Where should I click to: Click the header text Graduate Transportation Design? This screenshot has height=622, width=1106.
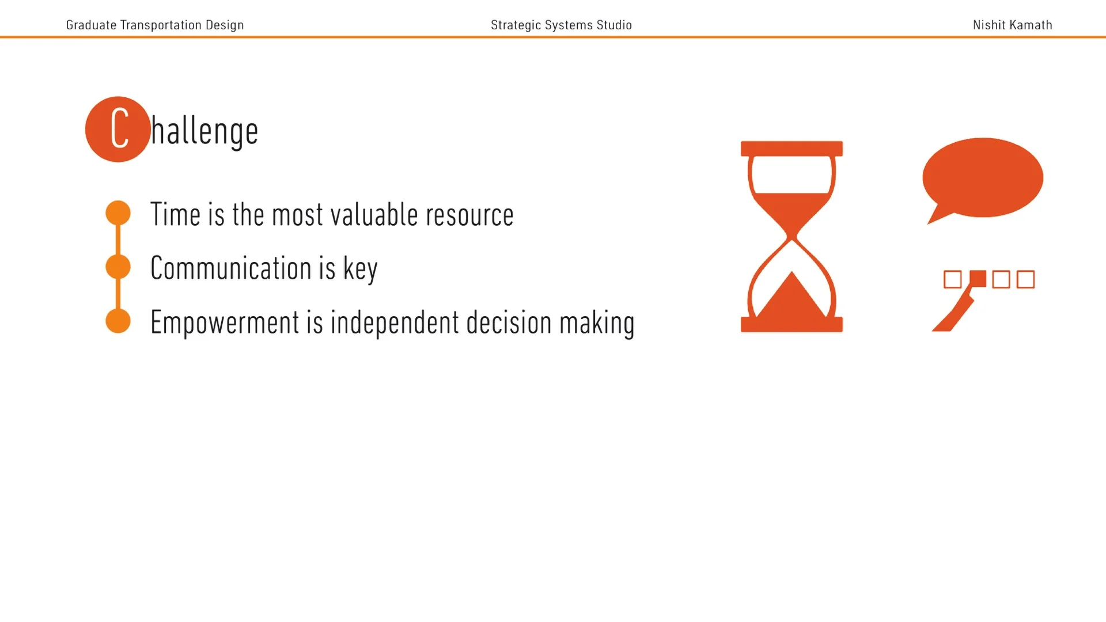pos(154,25)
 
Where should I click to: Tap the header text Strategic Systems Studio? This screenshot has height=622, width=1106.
pos(561,25)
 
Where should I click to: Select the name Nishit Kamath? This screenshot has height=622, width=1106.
pos(1012,25)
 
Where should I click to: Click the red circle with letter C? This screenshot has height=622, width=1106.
pos(118,129)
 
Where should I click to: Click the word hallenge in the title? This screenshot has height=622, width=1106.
pos(204,132)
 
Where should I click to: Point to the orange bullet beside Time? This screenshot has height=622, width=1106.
pos(118,213)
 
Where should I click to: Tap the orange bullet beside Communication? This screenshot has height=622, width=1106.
pos(118,267)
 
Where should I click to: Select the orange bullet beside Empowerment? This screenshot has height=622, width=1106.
pos(118,321)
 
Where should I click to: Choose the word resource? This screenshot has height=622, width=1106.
pos(469,215)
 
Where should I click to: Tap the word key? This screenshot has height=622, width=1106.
pos(360,269)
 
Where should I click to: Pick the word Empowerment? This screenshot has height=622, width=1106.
pos(225,323)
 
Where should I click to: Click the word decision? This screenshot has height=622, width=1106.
pos(509,323)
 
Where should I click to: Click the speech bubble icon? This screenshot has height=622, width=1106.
pos(983,177)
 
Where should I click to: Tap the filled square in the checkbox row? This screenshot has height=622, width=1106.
pos(978,279)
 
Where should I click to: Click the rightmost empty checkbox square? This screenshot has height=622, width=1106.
pos(1025,279)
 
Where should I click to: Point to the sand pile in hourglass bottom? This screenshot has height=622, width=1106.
pos(791,298)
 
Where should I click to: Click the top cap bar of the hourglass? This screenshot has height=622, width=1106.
pos(791,149)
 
